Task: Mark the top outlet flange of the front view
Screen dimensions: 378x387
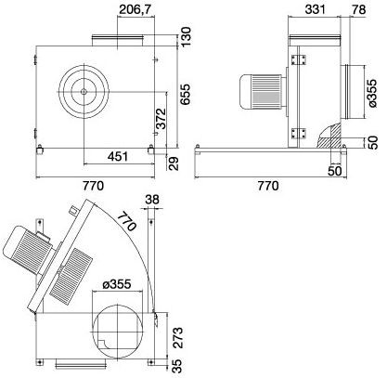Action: click(117, 39)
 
